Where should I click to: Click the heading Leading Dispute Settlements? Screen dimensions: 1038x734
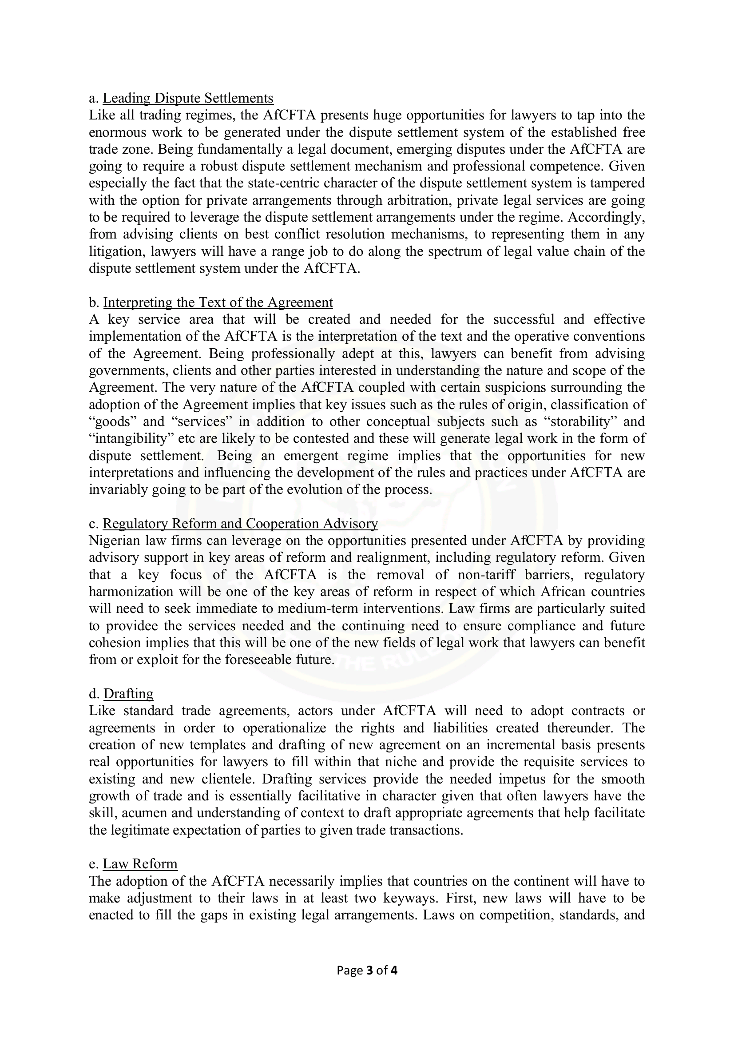point(188,98)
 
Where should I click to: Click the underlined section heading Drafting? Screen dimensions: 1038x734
point(128,693)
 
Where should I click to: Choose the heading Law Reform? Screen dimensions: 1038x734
point(140,863)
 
